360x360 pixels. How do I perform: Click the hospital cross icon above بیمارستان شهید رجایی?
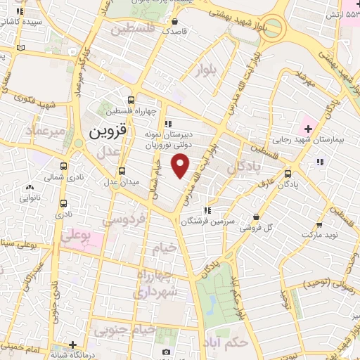coord(307,128)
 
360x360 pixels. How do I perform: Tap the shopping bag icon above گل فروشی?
coord(256,217)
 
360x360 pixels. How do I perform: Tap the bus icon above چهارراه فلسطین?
coord(131,100)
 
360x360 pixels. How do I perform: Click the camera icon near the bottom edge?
coord(166,352)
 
